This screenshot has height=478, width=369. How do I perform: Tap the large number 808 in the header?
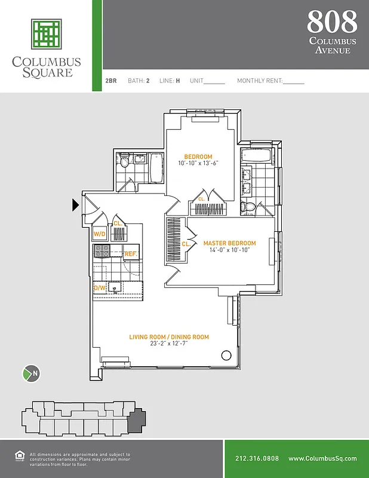point(332,22)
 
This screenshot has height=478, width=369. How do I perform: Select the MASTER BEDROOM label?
point(229,243)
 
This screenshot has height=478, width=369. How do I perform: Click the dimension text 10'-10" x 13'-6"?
point(198,163)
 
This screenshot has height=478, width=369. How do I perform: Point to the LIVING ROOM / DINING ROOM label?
point(169,337)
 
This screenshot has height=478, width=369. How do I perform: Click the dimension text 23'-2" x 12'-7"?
point(169,344)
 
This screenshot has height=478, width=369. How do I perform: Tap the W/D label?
point(100,234)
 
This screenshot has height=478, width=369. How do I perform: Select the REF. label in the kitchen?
point(131,254)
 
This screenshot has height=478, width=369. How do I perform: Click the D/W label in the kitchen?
point(99,288)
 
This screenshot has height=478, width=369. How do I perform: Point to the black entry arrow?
point(75,205)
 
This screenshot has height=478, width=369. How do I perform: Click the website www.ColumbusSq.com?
point(322,458)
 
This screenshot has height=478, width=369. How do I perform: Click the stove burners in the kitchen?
point(101,252)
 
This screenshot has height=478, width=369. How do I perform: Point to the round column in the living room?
point(226,356)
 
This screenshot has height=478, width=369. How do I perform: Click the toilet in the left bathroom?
point(124,160)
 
